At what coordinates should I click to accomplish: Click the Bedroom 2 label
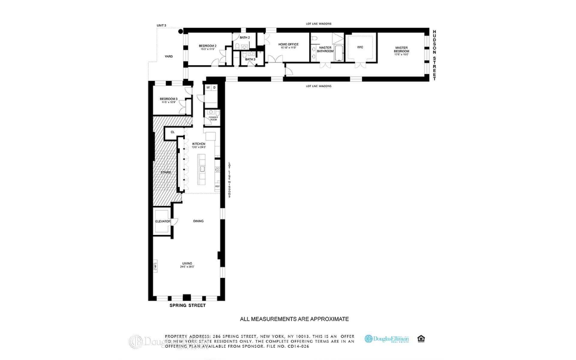pos(207,46)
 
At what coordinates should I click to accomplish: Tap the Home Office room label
pos(288,44)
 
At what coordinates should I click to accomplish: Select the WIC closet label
pos(360,47)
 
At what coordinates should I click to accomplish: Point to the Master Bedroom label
pos(401,48)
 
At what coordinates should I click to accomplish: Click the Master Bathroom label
pos(325,49)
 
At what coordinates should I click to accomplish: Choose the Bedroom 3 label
pos(168,99)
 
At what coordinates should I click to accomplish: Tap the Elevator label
pos(163,221)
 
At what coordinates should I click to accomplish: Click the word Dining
pos(198,221)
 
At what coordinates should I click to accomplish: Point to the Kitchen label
pos(199,144)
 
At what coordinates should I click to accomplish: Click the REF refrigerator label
pos(217,186)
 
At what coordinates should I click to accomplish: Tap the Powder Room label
pos(213,118)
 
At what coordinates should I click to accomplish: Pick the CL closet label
pos(172,132)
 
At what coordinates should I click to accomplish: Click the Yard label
pos(169,56)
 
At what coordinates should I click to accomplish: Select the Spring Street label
pos(187,305)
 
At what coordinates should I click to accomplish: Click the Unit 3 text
pos(161,25)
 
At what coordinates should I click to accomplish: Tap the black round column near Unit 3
pos(180,31)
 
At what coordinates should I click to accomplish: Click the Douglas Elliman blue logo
pos(387,339)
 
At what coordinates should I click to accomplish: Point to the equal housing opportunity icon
pos(421,339)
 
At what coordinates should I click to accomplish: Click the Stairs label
pos(166,172)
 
